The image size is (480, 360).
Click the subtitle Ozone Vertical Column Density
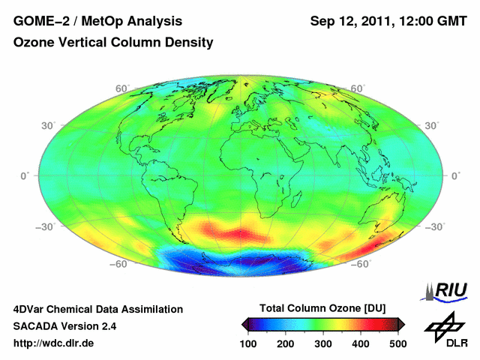[x=113, y=43]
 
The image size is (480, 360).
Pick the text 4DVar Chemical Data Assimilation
[x=98, y=309]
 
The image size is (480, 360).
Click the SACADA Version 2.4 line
[x=65, y=326]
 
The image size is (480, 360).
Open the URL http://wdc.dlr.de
[x=54, y=343]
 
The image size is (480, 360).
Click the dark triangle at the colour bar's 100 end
[x=245, y=324]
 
